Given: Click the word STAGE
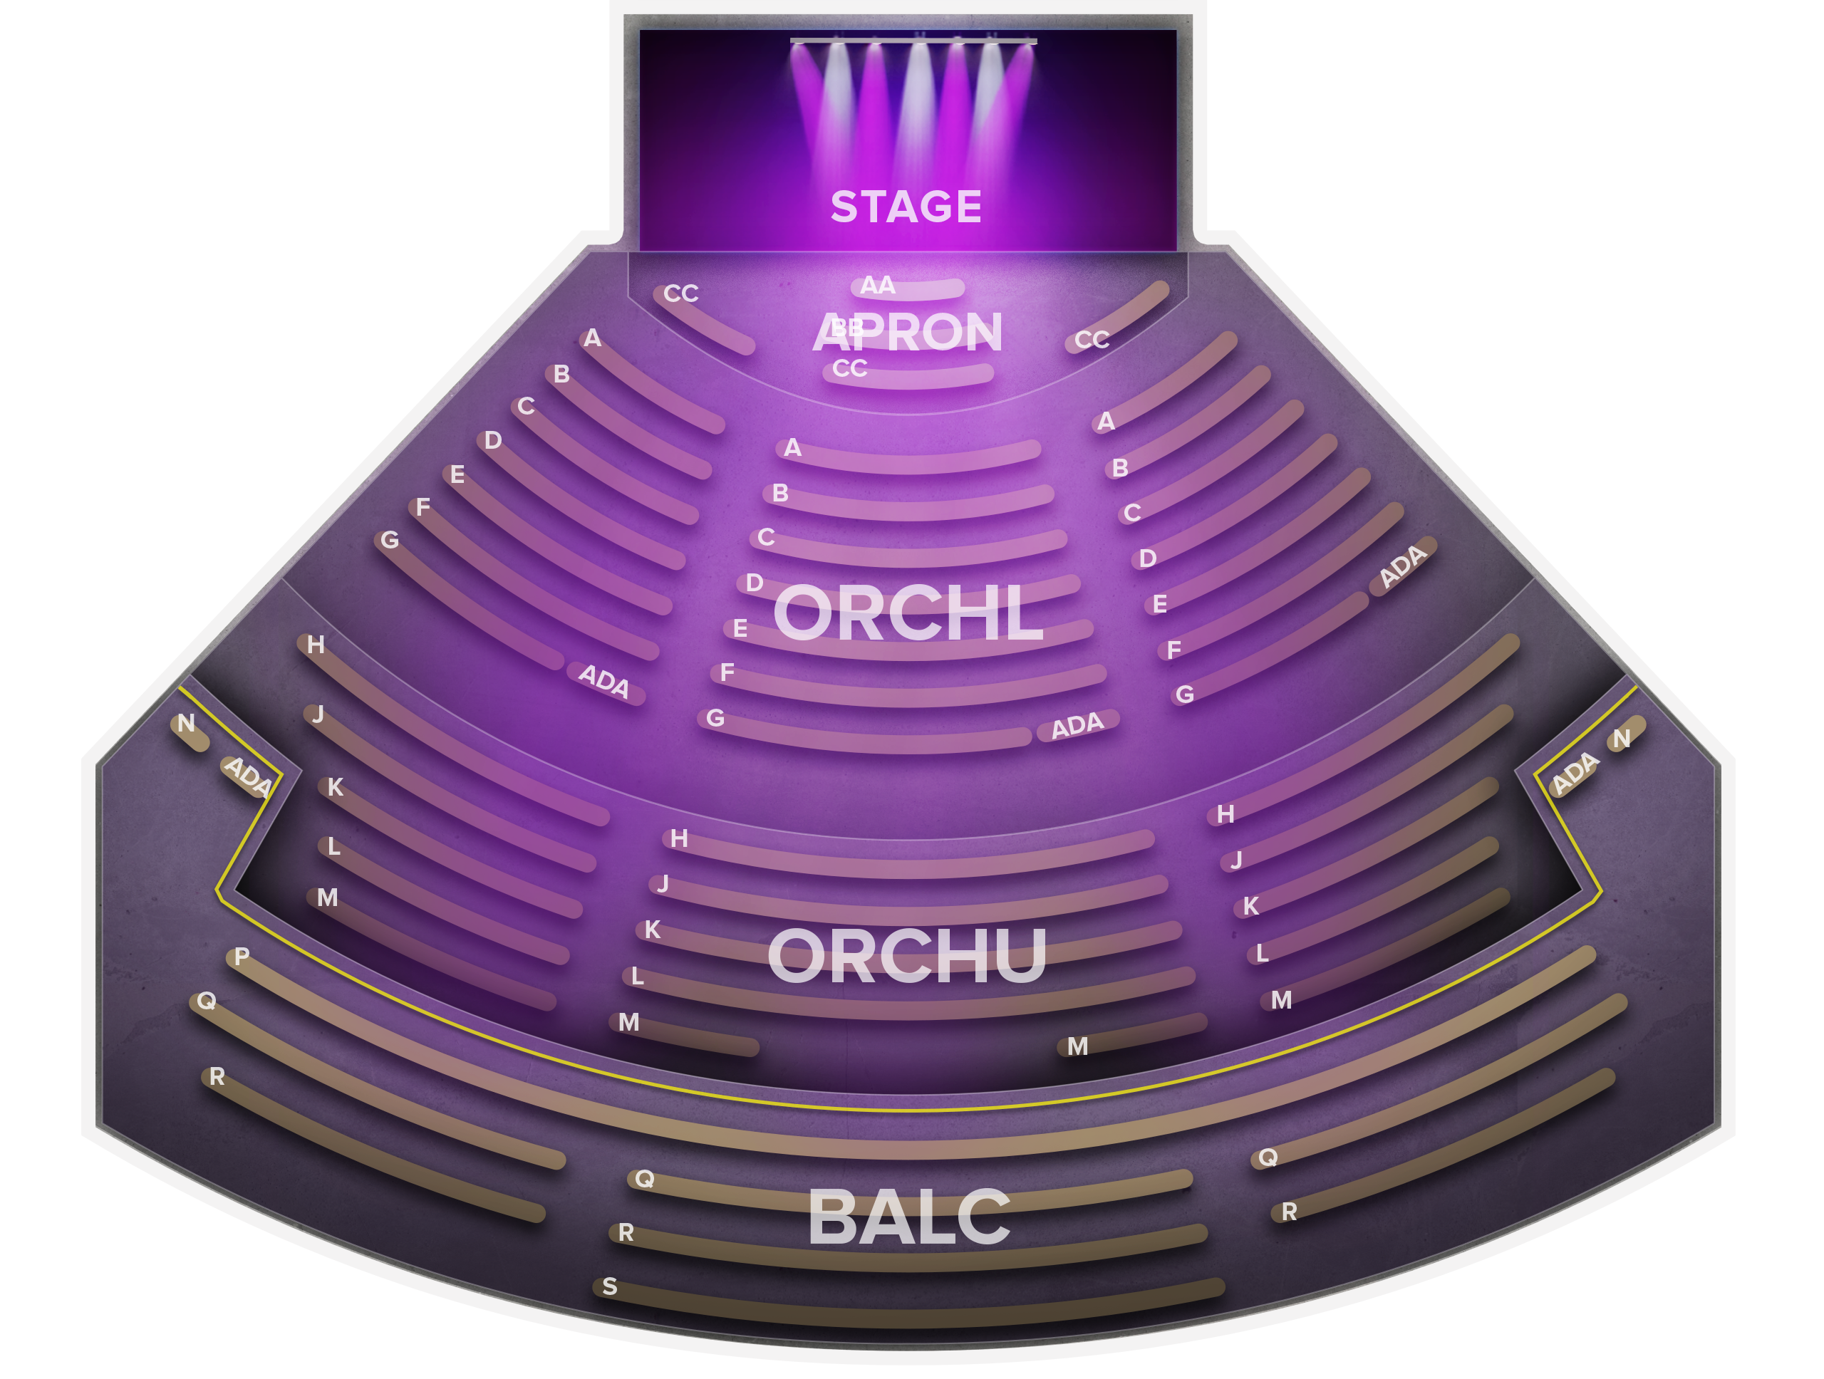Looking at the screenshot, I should coord(906,207).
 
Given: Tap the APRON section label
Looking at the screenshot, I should coord(907,332).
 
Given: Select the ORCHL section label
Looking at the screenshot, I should coord(908,614).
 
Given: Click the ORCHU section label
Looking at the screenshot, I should coord(906,956).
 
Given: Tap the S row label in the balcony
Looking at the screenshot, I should coord(609,1286).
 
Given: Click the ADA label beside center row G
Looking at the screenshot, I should coord(1077,725).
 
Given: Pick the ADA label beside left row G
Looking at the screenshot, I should coord(603,681).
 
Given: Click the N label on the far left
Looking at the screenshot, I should coord(187,724).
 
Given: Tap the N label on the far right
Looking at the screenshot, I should coord(1621,739).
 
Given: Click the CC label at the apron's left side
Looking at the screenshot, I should coord(680,293).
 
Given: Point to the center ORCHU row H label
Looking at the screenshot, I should coord(678,839).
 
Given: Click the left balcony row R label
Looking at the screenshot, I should coord(217,1076).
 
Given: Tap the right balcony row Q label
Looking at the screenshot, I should coord(1268,1158).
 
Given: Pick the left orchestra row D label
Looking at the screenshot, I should coord(493,441).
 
